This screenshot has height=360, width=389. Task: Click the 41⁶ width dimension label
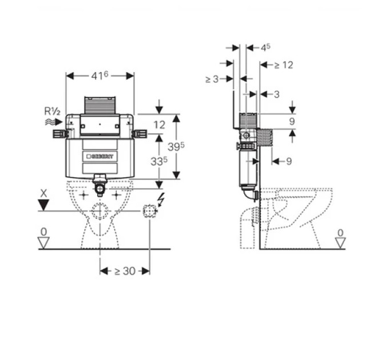coord(100,75)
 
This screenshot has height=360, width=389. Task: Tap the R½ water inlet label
coord(52,111)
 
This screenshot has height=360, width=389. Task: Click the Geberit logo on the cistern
coord(100,157)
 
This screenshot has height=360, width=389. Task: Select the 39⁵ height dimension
coord(176,146)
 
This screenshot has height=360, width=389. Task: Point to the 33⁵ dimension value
coord(159,161)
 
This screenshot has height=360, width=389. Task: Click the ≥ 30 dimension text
coord(125,271)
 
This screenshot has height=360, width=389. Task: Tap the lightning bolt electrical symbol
coord(161,199)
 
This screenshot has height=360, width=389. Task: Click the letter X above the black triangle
coord(43,193)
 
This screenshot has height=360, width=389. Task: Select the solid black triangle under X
coord(43,205)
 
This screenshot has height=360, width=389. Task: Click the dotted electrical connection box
coord(150,211)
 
